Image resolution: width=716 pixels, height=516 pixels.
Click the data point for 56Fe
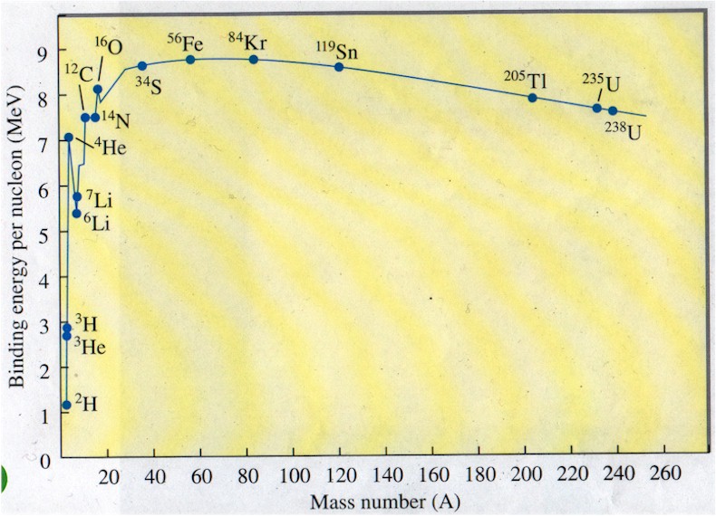[x=190, y=60]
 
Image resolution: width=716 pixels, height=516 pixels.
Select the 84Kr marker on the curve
[x=253, y=60]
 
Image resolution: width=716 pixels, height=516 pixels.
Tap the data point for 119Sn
[x=340, y=67]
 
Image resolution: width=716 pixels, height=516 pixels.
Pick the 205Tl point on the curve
[x=532, y=98]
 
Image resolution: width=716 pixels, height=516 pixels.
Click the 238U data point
[x=613, y=110]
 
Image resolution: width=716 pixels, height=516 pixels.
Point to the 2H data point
[x=66, y=405]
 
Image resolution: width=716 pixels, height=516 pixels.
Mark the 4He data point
[x=68, y=138]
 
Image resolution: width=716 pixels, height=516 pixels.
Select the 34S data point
[x=142, y=65]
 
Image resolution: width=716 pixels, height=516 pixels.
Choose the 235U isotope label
[x=601, y=84]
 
